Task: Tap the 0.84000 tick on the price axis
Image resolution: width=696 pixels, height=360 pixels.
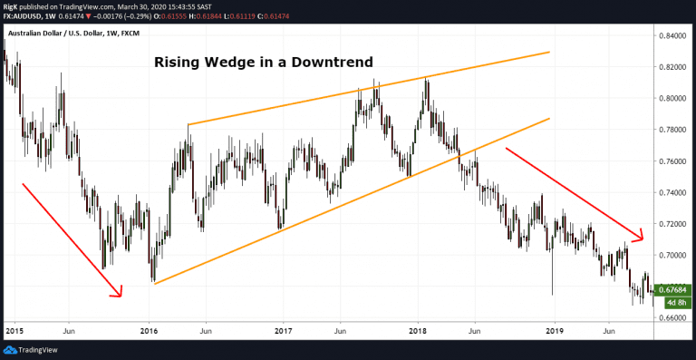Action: (672, 36)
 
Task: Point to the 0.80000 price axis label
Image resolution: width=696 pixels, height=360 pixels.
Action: (672, 99)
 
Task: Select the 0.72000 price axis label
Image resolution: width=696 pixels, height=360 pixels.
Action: (672, 223)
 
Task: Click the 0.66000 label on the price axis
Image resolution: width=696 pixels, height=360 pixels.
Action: (672, 317)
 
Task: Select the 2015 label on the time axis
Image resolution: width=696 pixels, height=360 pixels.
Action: (13, 331)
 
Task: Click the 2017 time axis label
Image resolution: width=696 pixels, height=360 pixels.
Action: (283, 331)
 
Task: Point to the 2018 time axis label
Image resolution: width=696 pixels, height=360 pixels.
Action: (418, 331)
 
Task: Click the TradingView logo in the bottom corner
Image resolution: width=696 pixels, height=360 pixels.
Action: (31, 350)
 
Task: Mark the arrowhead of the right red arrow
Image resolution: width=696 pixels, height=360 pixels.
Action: (641, 238)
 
